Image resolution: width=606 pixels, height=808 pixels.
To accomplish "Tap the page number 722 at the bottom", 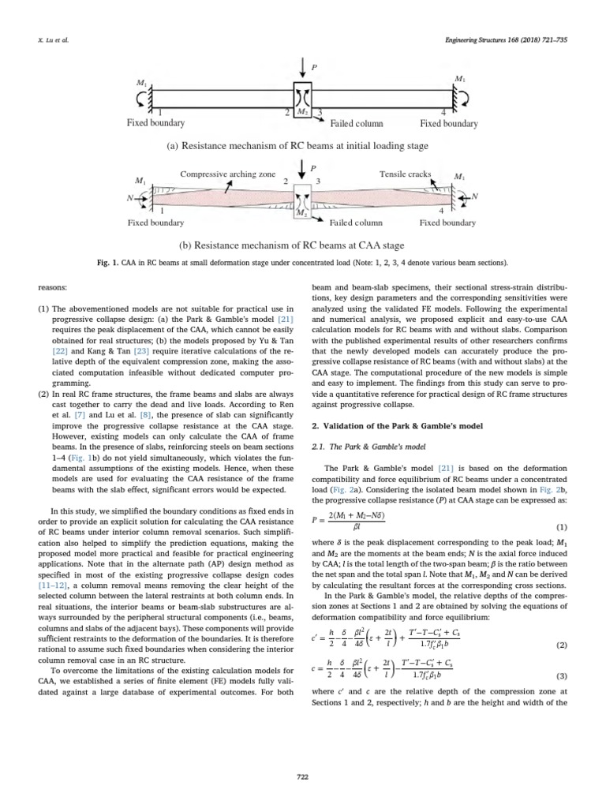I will pyautogui.click(x=301, y=777).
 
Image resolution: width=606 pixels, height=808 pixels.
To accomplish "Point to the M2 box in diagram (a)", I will pyautogui.click(x=302, y=112).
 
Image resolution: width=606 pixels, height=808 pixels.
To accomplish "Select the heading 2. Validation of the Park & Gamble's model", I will pyautogui.click(x=391, y=427).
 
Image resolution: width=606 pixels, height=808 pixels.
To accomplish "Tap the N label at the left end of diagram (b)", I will pyautogui.click(x=129, y=198).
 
